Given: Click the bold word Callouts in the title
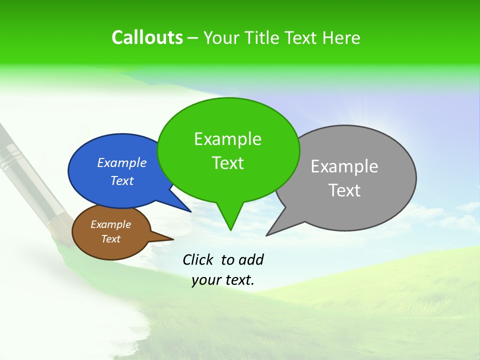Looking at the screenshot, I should click(x=147, y=37).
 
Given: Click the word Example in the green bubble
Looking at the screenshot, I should click(x=227, y=139).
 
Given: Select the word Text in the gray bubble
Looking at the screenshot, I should click(x=344, y=190).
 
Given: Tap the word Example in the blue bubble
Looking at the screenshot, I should click(x=122, y=162).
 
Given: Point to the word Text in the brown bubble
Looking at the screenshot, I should click(x=111, y=239).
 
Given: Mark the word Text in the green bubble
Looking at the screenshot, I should click(x=227, y=163).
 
